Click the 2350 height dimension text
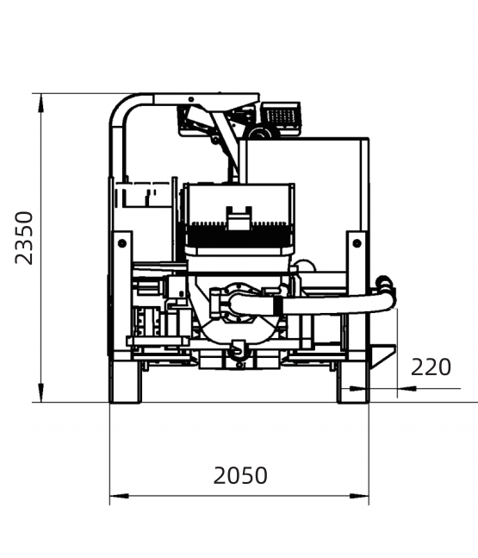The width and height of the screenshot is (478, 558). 24,238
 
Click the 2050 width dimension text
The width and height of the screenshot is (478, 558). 240,475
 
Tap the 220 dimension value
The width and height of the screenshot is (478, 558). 431,367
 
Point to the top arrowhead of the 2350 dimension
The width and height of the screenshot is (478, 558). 41,103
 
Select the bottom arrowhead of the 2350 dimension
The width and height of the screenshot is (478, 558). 41,393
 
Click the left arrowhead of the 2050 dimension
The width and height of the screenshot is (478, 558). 119,496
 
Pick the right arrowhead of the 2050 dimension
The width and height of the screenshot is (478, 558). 359,496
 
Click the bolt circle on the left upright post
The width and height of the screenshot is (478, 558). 122,243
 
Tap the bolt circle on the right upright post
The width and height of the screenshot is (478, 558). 357,243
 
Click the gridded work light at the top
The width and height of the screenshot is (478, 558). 281,115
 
